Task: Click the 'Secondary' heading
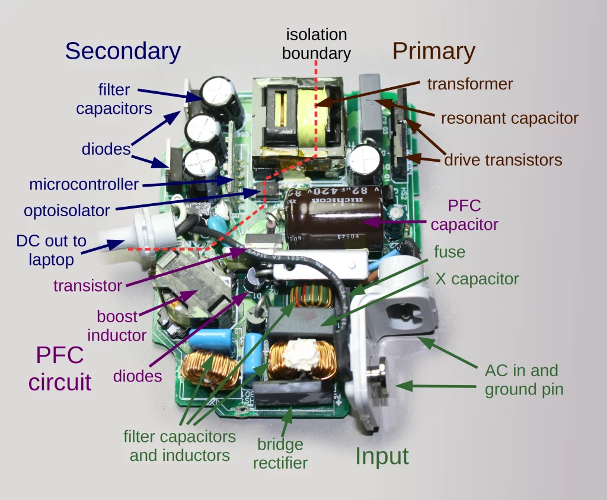(123, 52)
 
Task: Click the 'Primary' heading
(433, 52)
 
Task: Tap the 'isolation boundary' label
(316, 44)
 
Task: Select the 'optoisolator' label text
(67, 210)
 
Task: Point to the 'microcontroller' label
(84, 184)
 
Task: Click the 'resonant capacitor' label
(509, 118)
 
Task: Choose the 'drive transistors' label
(503, 159)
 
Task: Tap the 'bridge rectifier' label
(280, 453)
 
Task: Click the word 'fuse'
(449, 252)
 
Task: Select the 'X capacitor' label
(477, 279)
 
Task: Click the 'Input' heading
(382, 456)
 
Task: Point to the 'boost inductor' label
(117, 326)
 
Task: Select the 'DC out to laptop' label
(51, 250)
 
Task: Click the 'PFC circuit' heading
(60, 368)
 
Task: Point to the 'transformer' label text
(470, 84)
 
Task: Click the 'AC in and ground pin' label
(522, 380)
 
